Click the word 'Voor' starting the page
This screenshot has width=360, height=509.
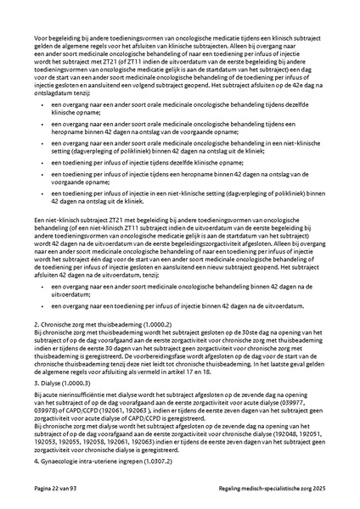coord(40,39)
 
